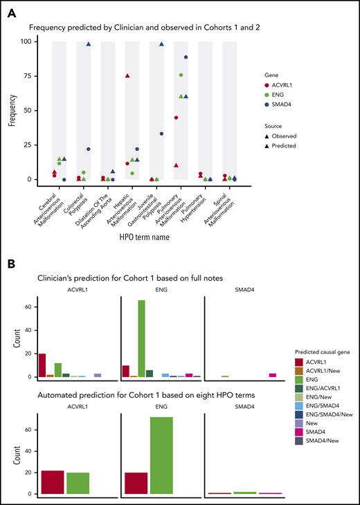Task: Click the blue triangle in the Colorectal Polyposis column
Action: point(89,44)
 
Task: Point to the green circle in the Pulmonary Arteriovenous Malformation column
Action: point(181,75)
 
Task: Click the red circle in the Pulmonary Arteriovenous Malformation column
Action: point(176,118)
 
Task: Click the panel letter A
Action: point(12,10)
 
